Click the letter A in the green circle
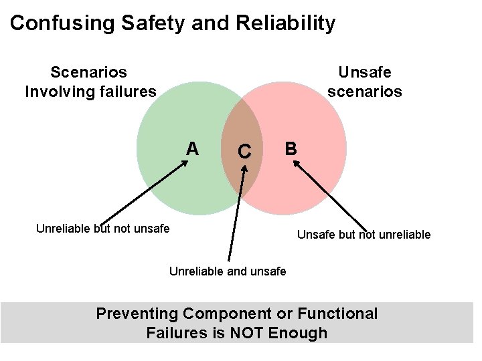(x=192, y=148)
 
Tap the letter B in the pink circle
(x=291, y=148)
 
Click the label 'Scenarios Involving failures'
(x=90, y=81)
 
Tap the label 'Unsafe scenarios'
(x=364, y=81)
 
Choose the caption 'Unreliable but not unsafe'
(x=102, y=229)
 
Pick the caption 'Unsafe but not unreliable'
(x=364, y=235)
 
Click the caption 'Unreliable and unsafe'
(x=228, y=271)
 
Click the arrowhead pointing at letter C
(x=244, y=167)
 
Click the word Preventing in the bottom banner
(x=137, y=314)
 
